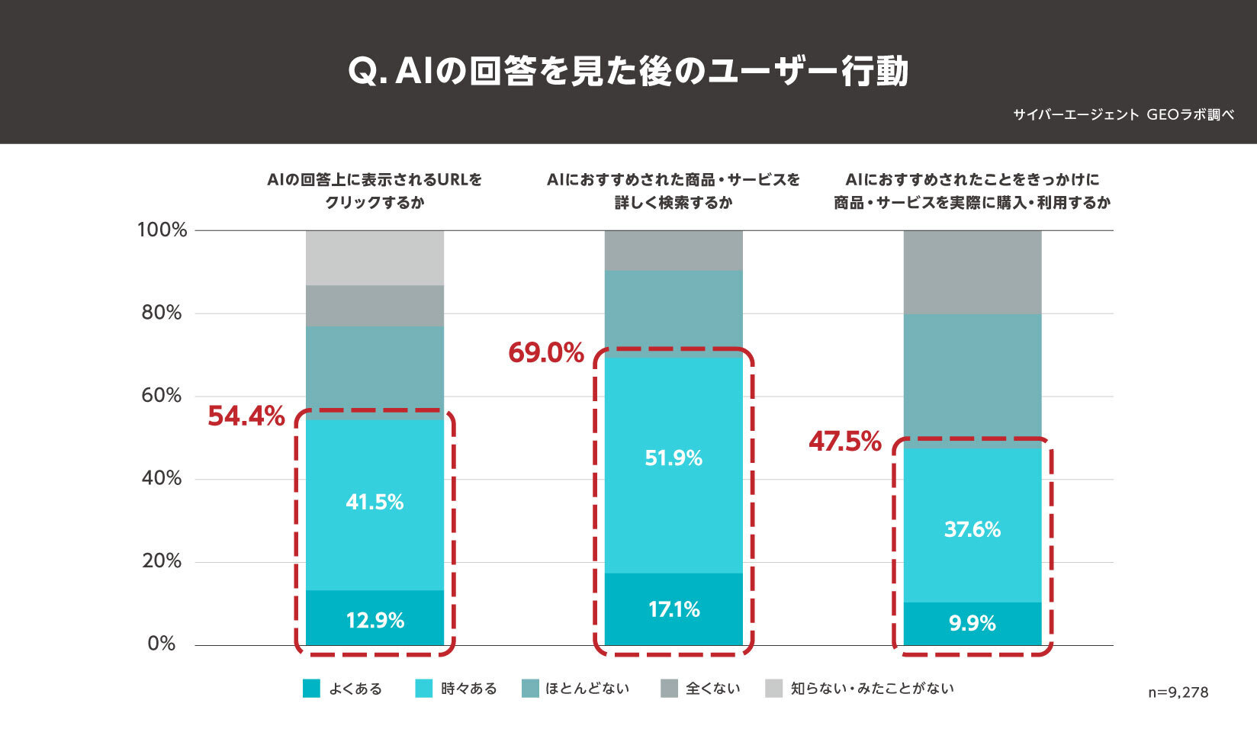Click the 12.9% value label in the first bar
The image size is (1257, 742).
375,620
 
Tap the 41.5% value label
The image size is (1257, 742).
375,502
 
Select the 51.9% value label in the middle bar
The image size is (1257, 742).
674,458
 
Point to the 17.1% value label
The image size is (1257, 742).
674,609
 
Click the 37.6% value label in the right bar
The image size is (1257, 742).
972,529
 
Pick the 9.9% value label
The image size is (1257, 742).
972,623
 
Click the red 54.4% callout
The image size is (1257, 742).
246,416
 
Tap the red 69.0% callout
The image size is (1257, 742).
546,353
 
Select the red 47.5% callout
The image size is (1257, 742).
845,442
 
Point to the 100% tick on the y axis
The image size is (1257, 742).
162,230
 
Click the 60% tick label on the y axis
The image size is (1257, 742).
162,395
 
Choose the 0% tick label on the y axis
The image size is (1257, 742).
162,644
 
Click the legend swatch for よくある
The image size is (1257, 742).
311,689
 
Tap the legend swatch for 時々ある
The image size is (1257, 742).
424,689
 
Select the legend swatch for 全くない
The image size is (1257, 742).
669,689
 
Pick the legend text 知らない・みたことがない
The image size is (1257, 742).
872,689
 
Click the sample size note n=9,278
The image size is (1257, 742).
1178,692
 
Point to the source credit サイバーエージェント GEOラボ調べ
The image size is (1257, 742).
1123,115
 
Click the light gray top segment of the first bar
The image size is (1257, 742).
375,258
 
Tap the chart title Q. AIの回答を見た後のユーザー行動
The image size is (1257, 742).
628,72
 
